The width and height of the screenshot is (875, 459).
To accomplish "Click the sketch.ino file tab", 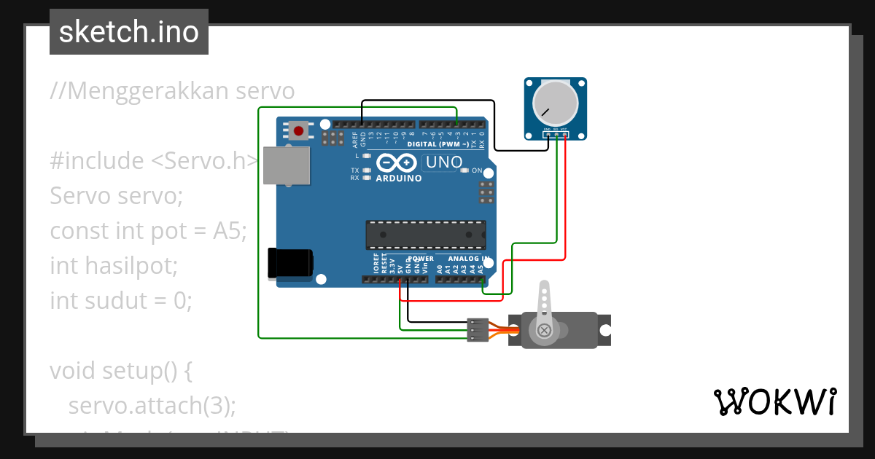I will click(129, 32).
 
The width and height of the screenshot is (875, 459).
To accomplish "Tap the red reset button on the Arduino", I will click(298, 131).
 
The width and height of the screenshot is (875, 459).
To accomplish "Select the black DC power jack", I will click(290, 263).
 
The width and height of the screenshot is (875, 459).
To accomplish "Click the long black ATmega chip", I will click(425, 234).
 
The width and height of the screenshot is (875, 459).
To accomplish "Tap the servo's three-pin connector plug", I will click(477, 329).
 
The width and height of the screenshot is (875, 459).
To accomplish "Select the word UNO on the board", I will click(443, 162).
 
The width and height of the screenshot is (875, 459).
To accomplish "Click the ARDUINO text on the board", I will click(399, 178).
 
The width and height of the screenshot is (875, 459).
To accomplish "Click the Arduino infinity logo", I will click(398, 163).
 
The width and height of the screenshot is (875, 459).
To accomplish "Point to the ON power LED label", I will click(477, 170).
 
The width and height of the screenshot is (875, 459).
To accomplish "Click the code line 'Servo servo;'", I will click(117, 196).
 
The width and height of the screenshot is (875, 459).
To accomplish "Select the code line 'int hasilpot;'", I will click(114, 265).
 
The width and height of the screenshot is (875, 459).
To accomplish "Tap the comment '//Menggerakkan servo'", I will click(172, 91).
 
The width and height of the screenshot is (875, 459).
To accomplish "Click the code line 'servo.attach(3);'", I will click(152, 405).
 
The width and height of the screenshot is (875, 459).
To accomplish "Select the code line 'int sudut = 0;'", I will click(121, 300).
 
